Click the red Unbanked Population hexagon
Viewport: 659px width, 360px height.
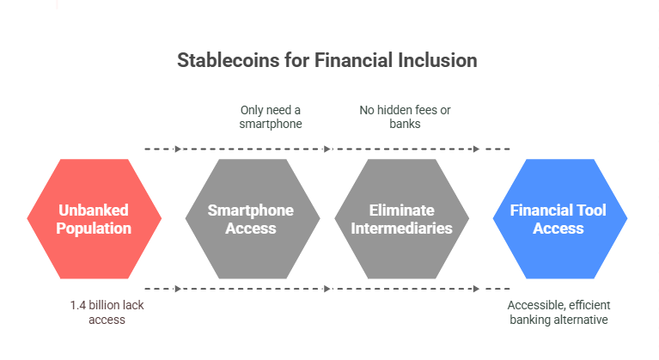click(x=95, y=219)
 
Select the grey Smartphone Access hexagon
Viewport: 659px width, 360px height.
click(x=253, y=219)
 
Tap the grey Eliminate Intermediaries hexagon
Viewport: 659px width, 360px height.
click(x=402, y=219)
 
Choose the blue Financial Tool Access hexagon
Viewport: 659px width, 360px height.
click(x=560, y=219)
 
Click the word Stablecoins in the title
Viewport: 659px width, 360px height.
click(x=229, y=60)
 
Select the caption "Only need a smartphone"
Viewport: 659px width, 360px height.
click(x=271, y=117)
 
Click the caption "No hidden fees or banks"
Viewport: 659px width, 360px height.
click(x=405, y=117)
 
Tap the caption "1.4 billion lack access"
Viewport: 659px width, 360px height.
click(x=107, y=312)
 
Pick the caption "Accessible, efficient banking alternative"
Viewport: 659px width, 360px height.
click(x=558, y=312)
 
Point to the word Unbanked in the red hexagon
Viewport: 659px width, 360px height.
click(x=94, y=210)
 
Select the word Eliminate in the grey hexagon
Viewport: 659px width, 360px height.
click(x=402, y=210)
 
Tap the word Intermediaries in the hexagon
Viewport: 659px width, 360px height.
click(x=402, y=228)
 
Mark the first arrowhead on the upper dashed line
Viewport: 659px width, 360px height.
click(x=178, y=149)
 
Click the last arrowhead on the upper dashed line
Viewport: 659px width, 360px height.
click(x=476, y=149)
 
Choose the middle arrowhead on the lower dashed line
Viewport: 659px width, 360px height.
click(x=327, y=289)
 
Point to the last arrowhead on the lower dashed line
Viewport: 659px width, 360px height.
click(x=476, y=289)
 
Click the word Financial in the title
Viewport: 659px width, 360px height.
click(x=353, y=60)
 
